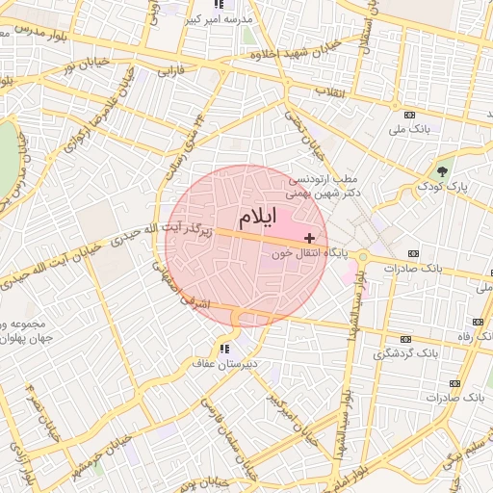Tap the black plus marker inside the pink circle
point(308,237)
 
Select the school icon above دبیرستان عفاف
point(224,349)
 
